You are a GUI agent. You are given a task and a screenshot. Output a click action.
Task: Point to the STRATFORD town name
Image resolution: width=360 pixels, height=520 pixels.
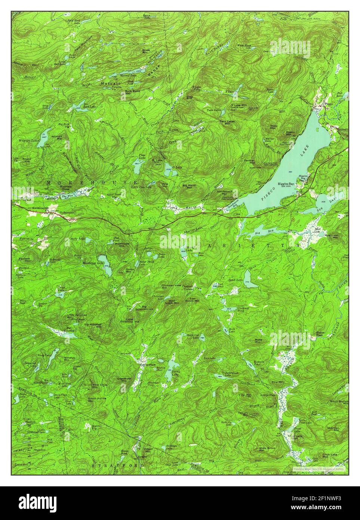117,465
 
